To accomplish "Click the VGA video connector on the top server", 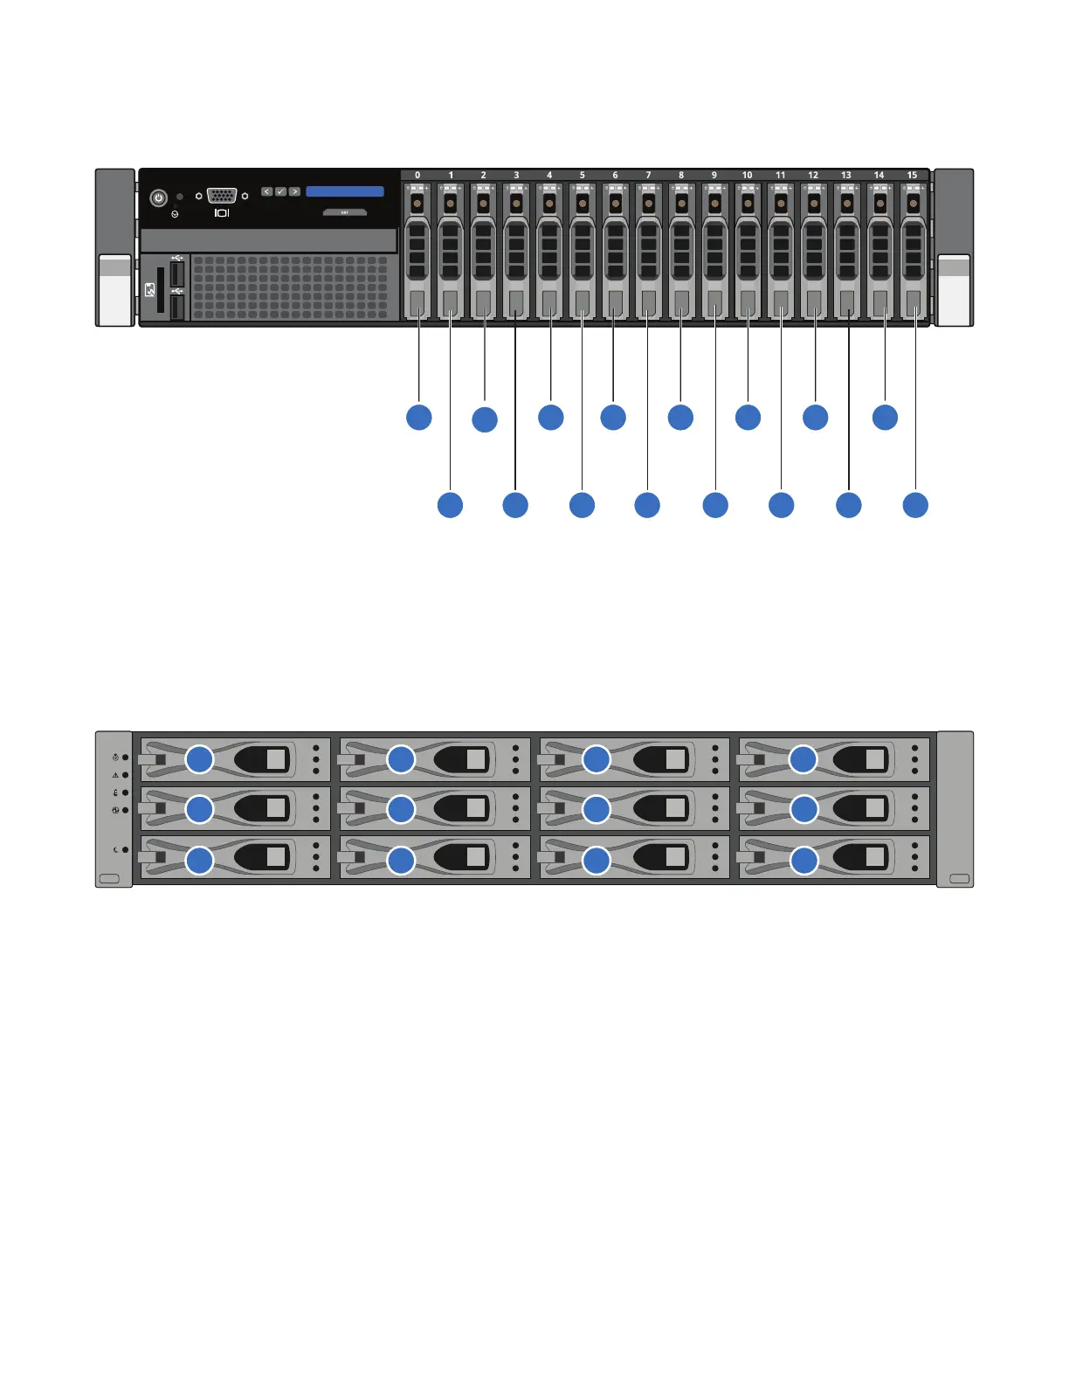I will [222, 196].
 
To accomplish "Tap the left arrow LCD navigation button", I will [267, 191].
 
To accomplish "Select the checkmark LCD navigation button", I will [280, 191].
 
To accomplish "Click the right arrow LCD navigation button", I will [294, 191].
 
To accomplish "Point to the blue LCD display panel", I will [345, 191].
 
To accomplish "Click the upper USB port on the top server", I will [177, 271].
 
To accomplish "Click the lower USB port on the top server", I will [177, 307].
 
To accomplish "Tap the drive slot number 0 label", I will [417, 175].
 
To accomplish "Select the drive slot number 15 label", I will [912, 175].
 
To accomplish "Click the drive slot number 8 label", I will [681, 175].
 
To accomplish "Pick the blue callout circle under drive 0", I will [419, 417].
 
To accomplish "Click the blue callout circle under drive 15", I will [915, 505].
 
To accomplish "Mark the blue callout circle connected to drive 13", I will [849, 505].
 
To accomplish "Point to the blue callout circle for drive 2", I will [485, 419].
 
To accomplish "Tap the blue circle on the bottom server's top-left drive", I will [200, 758].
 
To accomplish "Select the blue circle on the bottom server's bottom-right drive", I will [803, 861].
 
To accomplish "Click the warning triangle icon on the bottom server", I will [115, 775].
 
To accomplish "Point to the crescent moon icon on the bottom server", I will [115, 849].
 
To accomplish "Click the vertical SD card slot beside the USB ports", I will [162, 290].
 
